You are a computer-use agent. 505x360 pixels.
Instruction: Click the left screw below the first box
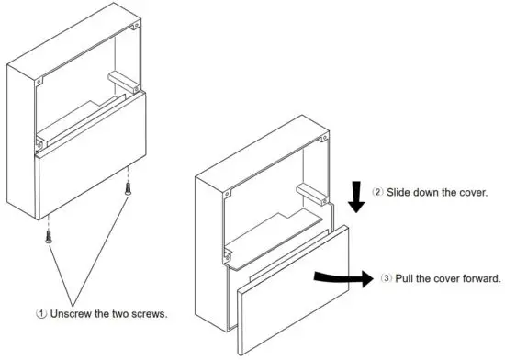pyautogui.click(x=45, y=237)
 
